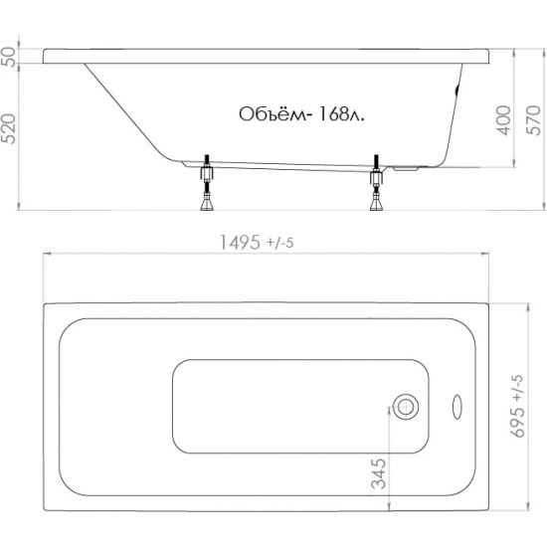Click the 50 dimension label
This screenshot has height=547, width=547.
8,57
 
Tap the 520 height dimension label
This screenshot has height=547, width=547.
8,128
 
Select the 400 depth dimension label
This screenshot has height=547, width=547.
503,120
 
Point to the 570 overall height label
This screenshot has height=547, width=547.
533,120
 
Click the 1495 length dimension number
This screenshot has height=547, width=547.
240,242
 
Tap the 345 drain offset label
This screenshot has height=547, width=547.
379,473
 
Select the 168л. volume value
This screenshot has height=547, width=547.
341,114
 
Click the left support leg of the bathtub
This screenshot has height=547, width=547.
207,182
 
